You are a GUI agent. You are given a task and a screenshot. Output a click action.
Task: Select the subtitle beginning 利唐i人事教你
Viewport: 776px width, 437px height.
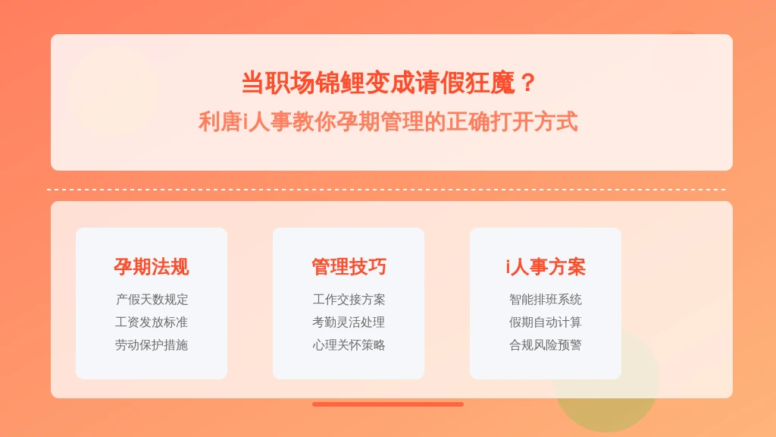[388, 121]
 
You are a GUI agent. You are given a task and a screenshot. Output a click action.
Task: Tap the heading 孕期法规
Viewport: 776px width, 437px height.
[152, 267]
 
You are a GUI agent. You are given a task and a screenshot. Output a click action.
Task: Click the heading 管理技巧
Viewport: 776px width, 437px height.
[349, 267]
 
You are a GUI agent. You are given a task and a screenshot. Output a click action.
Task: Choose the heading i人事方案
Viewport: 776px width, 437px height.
[546, 267]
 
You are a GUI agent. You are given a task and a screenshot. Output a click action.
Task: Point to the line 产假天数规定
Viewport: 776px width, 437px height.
[152, 300]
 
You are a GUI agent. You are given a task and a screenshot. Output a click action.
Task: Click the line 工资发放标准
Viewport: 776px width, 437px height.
[152, 322]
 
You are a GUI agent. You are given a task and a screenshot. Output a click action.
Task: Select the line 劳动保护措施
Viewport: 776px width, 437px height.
[152, 345]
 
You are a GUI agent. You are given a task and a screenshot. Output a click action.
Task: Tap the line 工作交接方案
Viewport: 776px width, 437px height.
[349, 300]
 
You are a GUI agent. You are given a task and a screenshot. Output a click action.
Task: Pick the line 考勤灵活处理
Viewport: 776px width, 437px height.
[349, 322]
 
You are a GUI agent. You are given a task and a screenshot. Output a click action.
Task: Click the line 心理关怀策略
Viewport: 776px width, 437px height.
[349, 345]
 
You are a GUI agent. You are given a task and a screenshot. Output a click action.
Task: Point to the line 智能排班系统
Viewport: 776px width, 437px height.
[546, 300]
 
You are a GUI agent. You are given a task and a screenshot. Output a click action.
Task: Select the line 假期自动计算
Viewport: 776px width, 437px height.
[546, 322]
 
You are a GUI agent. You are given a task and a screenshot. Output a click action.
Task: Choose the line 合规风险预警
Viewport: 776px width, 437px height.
[546, 345]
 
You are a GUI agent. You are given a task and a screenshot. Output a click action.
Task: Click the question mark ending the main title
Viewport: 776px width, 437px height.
[528, 83]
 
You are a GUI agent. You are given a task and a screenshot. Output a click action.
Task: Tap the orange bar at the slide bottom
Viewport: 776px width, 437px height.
[388, 404]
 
